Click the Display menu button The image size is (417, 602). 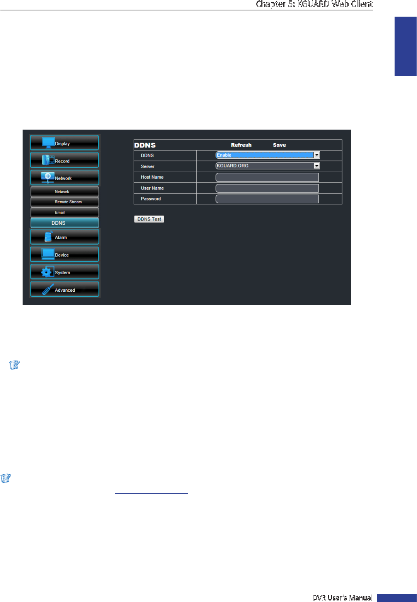[x=65, y=143]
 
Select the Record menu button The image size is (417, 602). [x=65, y=160]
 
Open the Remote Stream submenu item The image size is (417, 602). [x=65, y=202]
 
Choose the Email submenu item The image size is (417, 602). [x=65, y=212]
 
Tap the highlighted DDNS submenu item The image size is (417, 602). [x=65, y=223]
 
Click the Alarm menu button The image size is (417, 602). [x=65, y=237]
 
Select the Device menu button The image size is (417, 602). [x=65, y=255]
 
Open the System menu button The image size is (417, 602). [x=65, y=272]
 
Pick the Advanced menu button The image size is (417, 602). [x=65, y=289]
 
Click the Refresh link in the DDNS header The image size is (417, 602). [x=241, y=145]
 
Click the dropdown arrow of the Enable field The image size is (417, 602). [x=317, y=155]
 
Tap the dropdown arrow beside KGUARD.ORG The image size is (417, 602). [x=317, y=166]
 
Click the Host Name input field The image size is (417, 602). [x=267, y=177]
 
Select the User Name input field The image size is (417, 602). [x=267, y=188]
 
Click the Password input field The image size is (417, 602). [x=267, y=199]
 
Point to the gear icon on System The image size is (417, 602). [x=47, y=272]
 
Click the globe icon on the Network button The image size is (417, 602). [x=48, y=176]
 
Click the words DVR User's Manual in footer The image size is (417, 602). [x=342, y=598]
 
